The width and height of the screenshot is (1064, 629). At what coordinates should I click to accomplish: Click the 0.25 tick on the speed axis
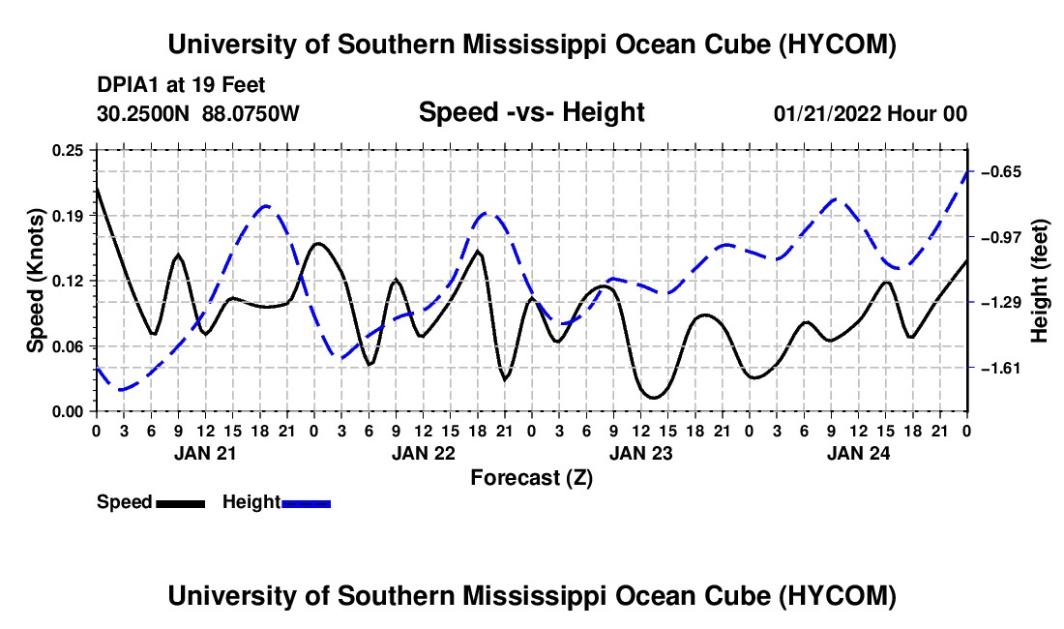(x=68, y=151)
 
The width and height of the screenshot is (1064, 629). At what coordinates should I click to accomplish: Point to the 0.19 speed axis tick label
(x=68, y=216)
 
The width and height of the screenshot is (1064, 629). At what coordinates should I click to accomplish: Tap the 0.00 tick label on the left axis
(x=68, y=412)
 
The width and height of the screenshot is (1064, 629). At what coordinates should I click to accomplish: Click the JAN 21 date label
(x=205, y=453)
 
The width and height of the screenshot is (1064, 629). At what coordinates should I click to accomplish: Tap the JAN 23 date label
(x=640, y=453)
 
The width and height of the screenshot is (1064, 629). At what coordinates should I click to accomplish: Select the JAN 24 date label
(x=858, y=453)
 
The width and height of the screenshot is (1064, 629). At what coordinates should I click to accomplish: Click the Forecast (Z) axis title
(x=531, y=478)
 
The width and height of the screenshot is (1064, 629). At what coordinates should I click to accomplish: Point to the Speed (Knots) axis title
(x=35, y=281)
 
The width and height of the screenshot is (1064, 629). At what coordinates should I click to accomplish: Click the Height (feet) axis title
(x=1039, y=281)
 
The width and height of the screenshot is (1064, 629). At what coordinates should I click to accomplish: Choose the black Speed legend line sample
(x=181, y=503)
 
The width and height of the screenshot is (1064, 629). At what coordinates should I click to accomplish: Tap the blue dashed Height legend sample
(x=306, y=503)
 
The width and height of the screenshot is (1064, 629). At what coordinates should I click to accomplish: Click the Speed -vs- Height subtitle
(x=531, y=112)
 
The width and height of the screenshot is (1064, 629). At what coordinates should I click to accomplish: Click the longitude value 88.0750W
(x=251, y=113)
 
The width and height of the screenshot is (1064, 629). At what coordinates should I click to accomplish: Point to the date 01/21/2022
(x=827, y=113)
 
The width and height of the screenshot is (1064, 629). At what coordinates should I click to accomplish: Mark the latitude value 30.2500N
(x=142, y=113)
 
